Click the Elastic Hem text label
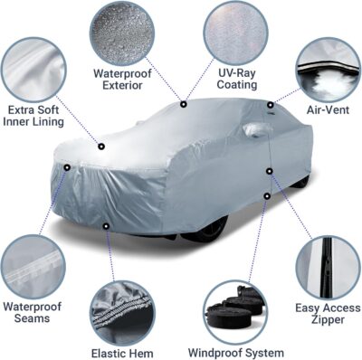[121, 353]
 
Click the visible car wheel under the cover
[204, 233]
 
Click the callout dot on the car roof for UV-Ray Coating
[184, 104]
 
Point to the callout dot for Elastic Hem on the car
[107, 226]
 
